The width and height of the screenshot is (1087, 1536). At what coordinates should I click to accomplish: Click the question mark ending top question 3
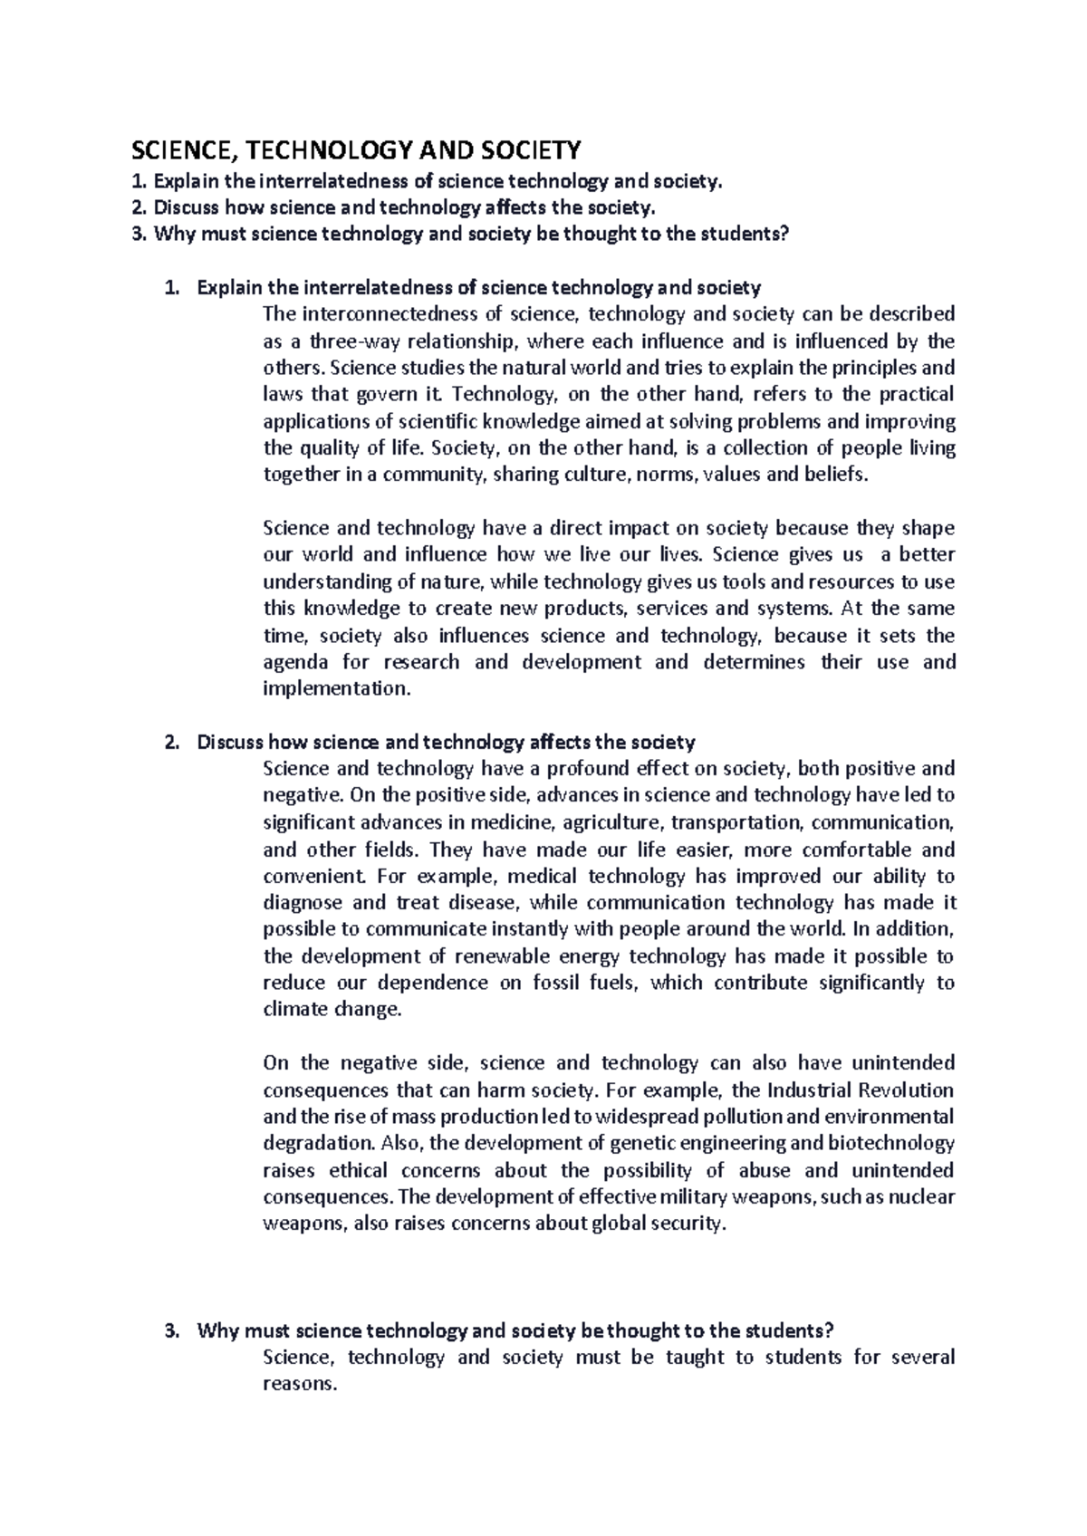785,235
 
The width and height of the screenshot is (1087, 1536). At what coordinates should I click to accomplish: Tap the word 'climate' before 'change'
293,1010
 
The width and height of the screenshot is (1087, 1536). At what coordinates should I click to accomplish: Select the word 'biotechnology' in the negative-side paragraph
896,1143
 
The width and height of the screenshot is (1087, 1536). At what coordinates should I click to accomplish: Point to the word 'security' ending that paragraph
693,1224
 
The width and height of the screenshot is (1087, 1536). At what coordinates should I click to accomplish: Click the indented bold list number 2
170,743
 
